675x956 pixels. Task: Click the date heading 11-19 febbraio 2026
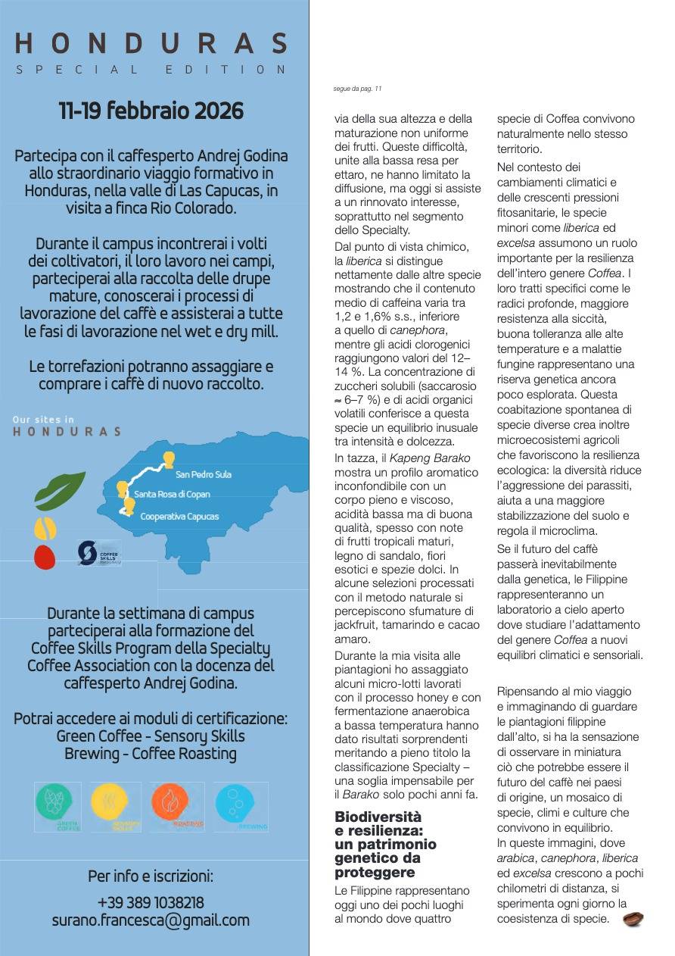coord(151,111)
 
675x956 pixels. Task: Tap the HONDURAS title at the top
coord(151,43)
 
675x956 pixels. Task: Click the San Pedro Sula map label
coord(203,475)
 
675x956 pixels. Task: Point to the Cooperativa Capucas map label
coord(179,517)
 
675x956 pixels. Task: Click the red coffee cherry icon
coord(45,557)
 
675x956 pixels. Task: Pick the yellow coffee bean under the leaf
coord(45,528)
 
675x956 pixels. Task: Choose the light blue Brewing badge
coord(239,807)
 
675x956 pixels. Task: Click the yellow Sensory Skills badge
coord(115,807)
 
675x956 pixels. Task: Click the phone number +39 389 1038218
coord(151,903)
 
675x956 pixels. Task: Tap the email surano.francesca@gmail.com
coord(151,921)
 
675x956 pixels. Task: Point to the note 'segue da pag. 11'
coord(357,89)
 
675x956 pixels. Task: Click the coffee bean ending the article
coord(633,919)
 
